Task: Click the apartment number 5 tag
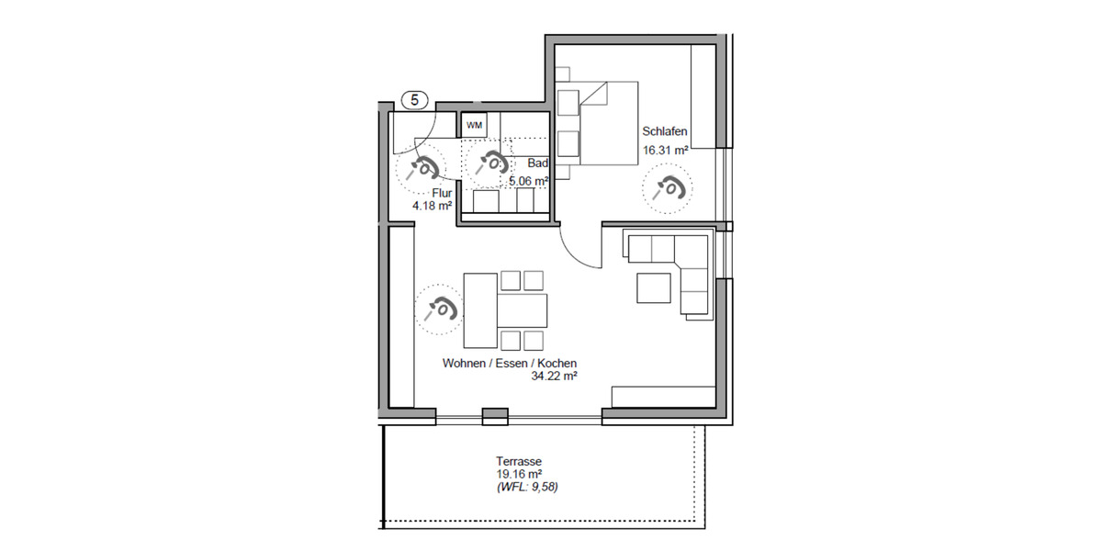(415, 100)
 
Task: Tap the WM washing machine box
(474, 124)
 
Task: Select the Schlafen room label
(665, 132)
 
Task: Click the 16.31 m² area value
(666, 150)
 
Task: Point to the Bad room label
(539, 163)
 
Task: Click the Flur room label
(441, 193)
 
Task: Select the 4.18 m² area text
(432, 206)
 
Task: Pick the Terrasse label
(515, 462)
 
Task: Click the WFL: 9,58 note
(525, 488)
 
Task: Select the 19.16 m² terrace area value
(515, 475)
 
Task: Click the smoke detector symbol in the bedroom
(667, 189)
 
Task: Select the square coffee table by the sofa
(654, 286)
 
